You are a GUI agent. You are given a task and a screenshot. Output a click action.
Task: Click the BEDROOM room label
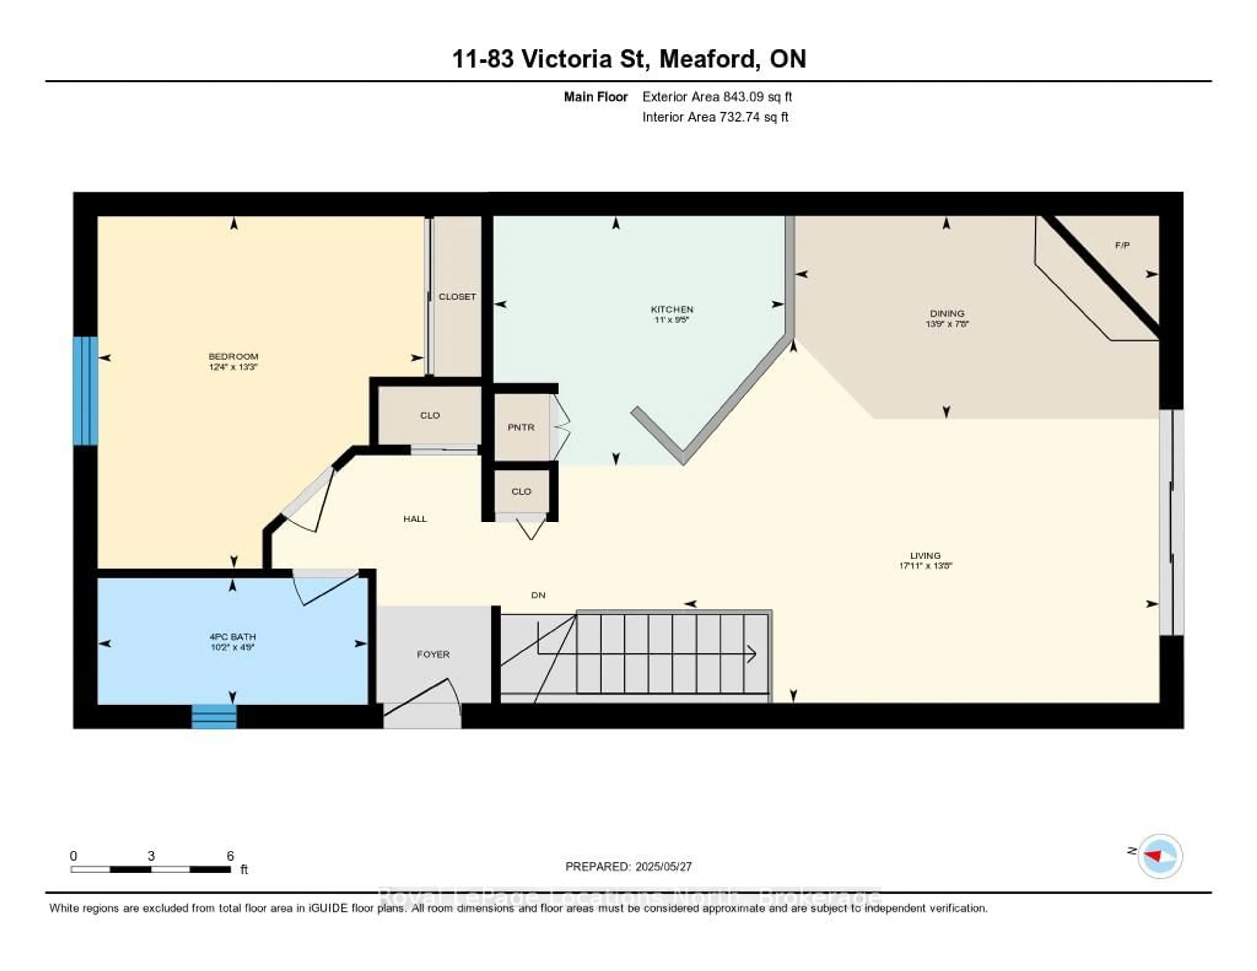pos(233,356)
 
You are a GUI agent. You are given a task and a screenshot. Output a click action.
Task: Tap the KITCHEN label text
pos(672,309)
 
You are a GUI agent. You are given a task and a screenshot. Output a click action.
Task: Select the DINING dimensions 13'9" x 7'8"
pos(947,324)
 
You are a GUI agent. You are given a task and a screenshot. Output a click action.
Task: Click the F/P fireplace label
pos(1122,245)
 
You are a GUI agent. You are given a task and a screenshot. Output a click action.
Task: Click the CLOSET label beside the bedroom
pos(457,296)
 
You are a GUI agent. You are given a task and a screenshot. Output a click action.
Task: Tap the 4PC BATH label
pos(232,637)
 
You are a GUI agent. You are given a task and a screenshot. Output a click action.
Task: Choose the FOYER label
pos(433,654)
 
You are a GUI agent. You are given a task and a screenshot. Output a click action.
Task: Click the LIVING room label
pos(925,556)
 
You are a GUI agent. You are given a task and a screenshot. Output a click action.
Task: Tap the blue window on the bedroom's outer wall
pos(85,391)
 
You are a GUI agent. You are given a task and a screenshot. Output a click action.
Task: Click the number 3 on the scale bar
pos(151,856)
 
